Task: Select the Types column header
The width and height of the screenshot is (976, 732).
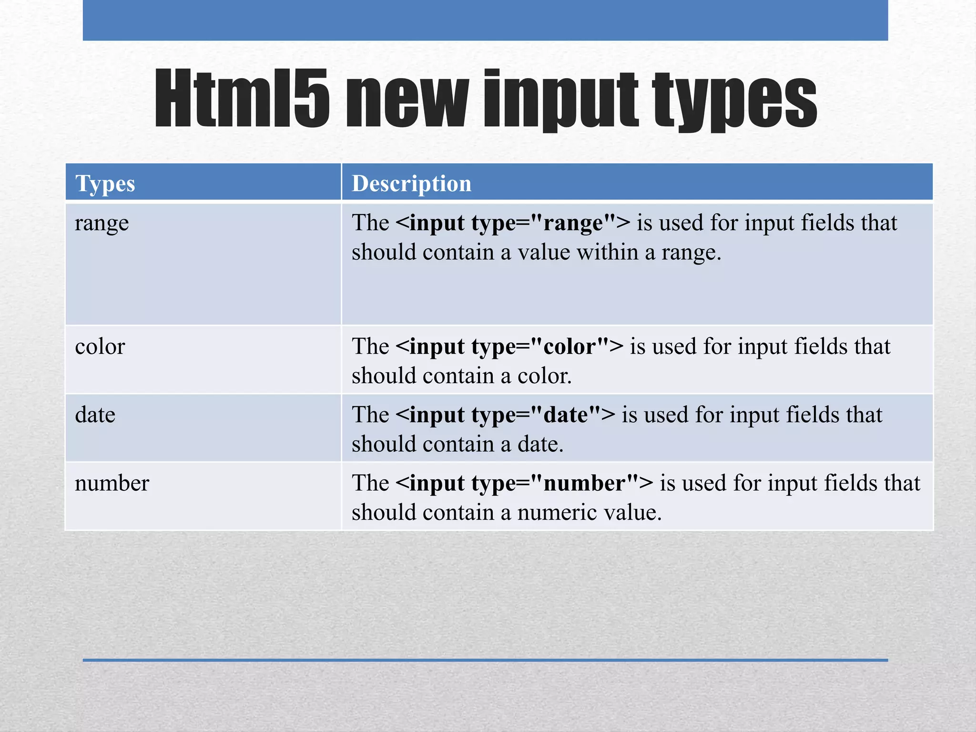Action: coord(105,183)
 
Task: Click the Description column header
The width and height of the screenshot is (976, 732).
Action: coord(411,183)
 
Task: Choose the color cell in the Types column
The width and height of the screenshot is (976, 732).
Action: coord(100,346)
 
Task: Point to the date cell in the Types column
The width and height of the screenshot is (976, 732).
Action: coord(95,415)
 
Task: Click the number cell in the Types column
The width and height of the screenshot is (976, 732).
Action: coord(112,483)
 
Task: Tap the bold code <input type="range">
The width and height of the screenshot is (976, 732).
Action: coord(513,223)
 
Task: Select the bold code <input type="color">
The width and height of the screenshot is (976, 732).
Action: coord(509,346)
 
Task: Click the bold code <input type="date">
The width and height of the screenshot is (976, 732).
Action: coord(505,415)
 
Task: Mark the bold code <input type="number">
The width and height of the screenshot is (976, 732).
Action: coord(524,483)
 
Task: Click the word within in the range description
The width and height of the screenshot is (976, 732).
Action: coord(607,252)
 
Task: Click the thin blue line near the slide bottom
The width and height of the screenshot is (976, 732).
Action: coord(485,660)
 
